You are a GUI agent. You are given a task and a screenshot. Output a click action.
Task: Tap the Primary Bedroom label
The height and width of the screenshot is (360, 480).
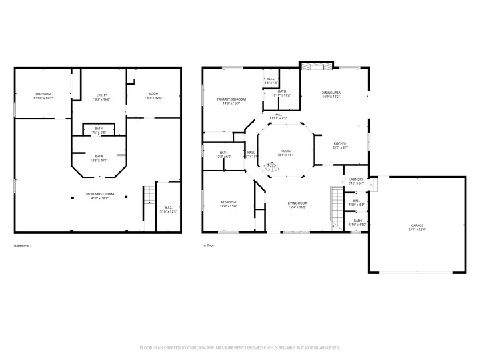(227, 99)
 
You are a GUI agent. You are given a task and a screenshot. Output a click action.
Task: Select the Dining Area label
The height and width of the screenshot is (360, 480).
(331, 93)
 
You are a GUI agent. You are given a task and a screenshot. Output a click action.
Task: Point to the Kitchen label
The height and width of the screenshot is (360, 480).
(340, 143)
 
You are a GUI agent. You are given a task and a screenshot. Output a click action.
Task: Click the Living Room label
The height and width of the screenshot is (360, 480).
(297, 203)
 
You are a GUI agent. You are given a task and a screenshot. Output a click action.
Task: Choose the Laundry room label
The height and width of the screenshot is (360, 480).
(356, 179)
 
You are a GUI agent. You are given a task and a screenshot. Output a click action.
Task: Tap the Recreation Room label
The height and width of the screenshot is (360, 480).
(99, 194)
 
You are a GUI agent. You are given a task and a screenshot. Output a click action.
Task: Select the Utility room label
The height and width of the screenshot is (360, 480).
(101, 95)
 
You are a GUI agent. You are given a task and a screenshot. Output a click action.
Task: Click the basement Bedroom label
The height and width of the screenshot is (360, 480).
(43, 94)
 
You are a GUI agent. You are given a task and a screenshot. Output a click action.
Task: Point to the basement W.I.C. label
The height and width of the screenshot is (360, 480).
(168, 207)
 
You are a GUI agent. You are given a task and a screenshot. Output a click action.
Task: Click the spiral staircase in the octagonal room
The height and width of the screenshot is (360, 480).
(273, 166)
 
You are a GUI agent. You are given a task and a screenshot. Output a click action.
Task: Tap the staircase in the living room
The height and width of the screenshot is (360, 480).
(335, 206)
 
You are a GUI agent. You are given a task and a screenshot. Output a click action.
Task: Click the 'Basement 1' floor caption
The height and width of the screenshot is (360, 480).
(22, 245)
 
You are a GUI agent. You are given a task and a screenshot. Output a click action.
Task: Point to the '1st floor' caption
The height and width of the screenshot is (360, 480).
(208, 245)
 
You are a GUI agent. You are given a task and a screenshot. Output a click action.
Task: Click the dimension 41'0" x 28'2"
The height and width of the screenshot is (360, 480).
(99, 198)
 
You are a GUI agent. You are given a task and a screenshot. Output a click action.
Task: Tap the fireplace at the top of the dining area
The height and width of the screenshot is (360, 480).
(316, 66)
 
